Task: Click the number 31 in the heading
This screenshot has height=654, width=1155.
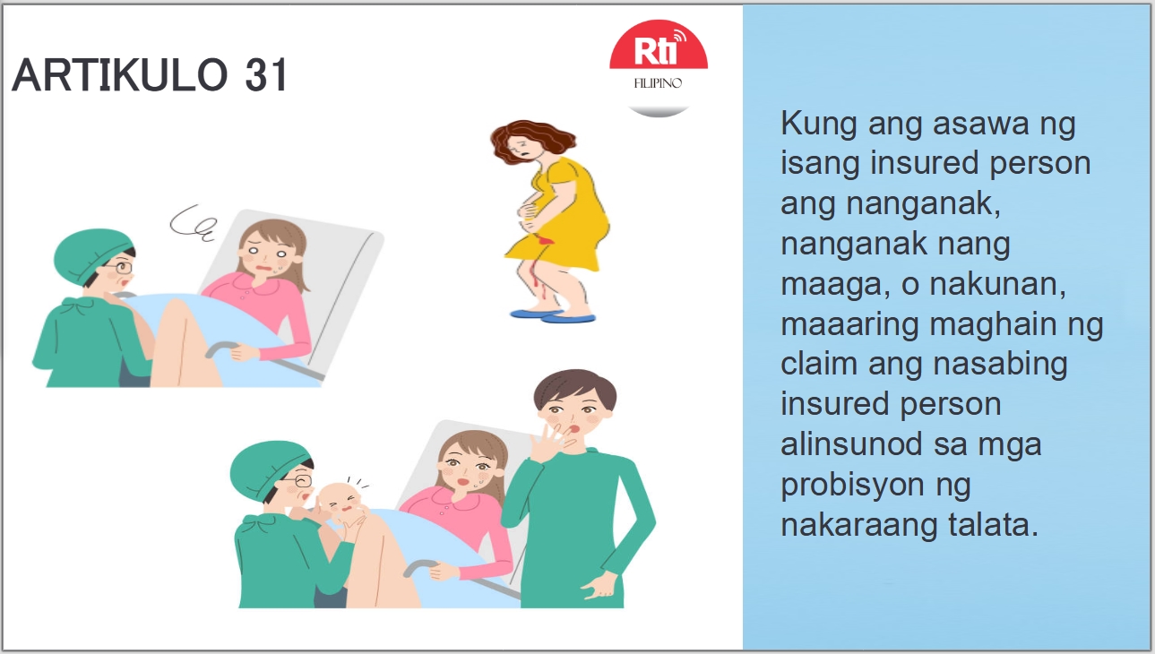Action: pos(265,75)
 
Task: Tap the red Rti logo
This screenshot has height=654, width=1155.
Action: pos(659,53)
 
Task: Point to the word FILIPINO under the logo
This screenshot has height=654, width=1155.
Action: pos(659,83)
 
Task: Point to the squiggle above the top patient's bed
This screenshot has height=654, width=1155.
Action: pos(194,224)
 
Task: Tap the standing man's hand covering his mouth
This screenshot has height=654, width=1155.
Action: pos(546,439)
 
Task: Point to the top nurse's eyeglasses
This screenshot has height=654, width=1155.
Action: pos(120,266)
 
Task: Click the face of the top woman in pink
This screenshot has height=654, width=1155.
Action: pos(268,261)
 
